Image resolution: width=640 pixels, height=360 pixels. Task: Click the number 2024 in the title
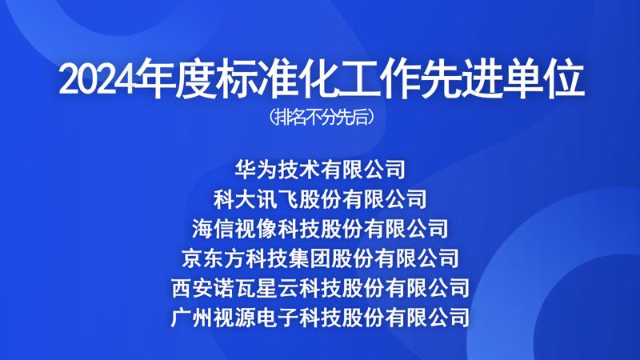point(97,80)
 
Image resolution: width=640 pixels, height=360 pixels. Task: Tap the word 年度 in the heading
point(175,80)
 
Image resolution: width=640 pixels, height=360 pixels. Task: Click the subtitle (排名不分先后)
point(321,117)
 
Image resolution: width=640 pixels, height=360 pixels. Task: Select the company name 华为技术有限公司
point(320,170)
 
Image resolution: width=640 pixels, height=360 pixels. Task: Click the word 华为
point(255,170)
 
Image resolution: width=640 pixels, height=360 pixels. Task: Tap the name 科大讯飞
point(255,199)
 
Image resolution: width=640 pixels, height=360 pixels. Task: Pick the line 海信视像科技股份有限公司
point(320,229)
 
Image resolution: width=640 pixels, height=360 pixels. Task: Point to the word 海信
point(213,229)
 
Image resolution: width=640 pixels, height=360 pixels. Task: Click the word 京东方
point(213,258)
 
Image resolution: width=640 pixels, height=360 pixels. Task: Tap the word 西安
point(192,288)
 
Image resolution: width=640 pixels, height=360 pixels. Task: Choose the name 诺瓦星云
point(256,288)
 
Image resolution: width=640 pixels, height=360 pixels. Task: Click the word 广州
point(192,318)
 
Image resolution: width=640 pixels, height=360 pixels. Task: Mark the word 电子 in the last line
point(278,318)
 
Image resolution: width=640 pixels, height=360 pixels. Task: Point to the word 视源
point(234,318)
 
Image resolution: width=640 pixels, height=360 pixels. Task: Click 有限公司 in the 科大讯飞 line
point(385,199)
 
